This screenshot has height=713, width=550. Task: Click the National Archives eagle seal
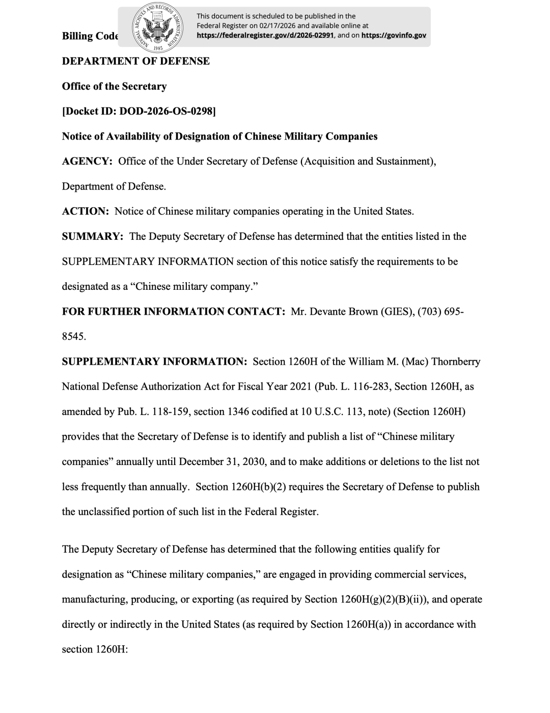pyautogui.click(x=157, y=28)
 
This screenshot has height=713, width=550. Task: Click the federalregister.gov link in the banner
pyautogui.click(x=265, y=36)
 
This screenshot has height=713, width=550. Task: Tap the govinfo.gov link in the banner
pyautogui.click(x=394, y=36)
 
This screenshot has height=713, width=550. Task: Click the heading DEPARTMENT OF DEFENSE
pyautogui.click(x=135, y=61)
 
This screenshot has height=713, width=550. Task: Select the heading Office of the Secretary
pyautogui.click(x=114, y=86)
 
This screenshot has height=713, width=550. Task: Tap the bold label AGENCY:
pyautogui.click(x=87, y=161)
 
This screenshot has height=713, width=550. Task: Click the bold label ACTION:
pyautogui.click(x=86, y=211)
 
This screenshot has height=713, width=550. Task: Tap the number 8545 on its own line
pyautogui.click(x=73, y=336)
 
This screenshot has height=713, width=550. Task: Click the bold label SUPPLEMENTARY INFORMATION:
pyautogui.click(x=154, y=362)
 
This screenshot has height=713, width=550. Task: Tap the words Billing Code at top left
pyautogui.click(x=90, y=36)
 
